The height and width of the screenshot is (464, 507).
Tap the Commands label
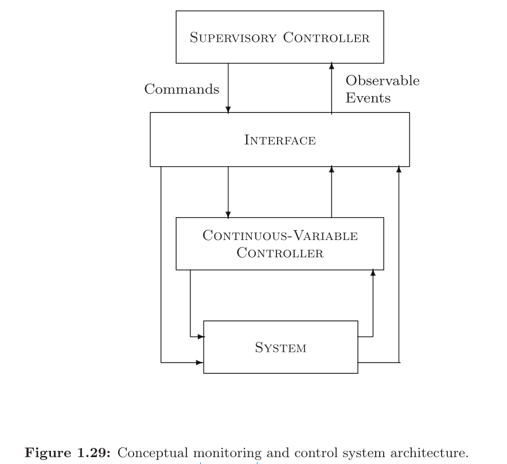(x=181, y=89)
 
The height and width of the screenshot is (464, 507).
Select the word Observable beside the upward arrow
(x=383, y=81)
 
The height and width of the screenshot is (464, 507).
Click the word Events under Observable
(x=368, y=98)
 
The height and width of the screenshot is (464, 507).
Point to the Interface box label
(x=280, y=140)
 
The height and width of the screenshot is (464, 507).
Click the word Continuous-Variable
(x=280, y=236)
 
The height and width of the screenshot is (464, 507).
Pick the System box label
(x=280, y=348)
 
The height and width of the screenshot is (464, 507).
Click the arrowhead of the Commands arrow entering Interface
(x=228, y=109)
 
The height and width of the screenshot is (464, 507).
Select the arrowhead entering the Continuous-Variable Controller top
(x=228, y=215)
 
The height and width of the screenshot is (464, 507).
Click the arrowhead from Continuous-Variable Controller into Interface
(x=331, y=170)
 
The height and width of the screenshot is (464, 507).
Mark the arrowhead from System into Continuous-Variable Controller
(x=373, y=273)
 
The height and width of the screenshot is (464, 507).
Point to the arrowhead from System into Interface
(x=399, y=170)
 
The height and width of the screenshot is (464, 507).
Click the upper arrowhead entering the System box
(x=201, y=336)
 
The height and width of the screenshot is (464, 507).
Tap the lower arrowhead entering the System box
(x=201, y=362)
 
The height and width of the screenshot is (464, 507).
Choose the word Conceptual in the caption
(x=155, y=453)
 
